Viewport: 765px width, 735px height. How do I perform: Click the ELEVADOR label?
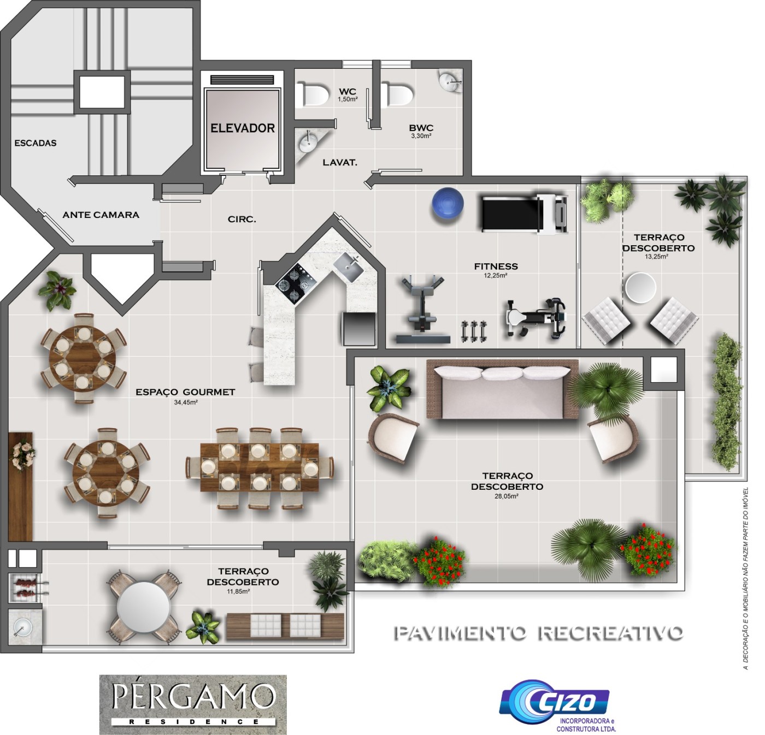pyautogui.click(x=242, y=128)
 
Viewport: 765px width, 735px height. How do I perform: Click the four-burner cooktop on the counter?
pyautogui.click(x=296, y=282)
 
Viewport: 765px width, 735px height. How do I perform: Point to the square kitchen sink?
pyautogui.click(x=351, y=267)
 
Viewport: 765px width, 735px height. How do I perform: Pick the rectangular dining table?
pyautogui.click(x=259, y=467)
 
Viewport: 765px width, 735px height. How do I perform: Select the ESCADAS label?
pyautogui.click(x=36, y=143)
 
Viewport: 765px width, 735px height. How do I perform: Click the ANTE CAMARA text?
pyautogui.click(x=101, y=215)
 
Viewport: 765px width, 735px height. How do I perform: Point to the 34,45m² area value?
pyautogui.click(x=186, y=402)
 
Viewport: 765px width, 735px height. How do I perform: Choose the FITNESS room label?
pyautogui.click(x=496, y=266)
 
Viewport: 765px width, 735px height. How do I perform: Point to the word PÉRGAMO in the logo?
pyautogui.click(x=193, y=696)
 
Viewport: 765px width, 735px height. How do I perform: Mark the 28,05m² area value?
pyautogui.click(x=507, y=496)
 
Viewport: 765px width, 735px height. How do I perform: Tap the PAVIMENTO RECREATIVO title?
pyautogui.click(x=539, y=633)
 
